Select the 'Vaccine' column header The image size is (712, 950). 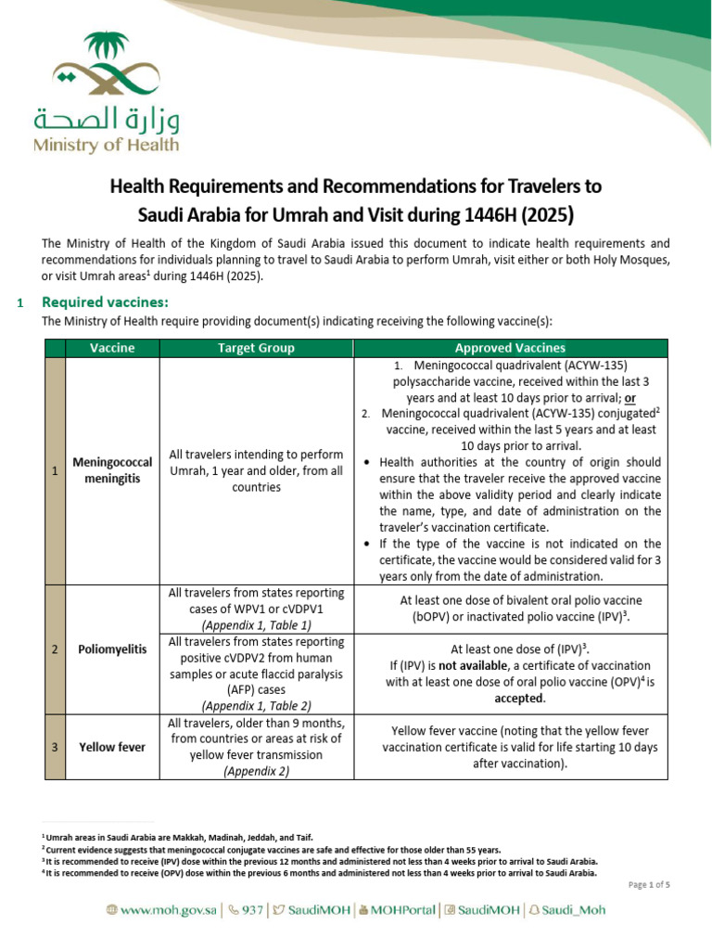tap(112, 348)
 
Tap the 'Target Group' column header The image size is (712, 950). tap(256, 348)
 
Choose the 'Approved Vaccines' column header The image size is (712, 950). tap(510, 348)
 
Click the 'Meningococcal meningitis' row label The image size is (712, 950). tap(112, 471)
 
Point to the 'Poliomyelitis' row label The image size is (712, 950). tap(112, 649)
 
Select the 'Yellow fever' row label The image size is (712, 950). tap(112, 746)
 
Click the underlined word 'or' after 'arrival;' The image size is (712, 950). tap(630, 397)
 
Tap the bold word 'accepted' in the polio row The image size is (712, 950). tap(519, 699)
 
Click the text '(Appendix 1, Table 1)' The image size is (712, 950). tap(256, 625)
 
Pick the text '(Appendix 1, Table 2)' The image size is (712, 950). tap(256, 706)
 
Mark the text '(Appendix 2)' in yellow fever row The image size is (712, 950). tap(256, 771)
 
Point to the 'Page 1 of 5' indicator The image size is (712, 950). tap(649, 885)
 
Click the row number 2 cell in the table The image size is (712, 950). tap(56, 649)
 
